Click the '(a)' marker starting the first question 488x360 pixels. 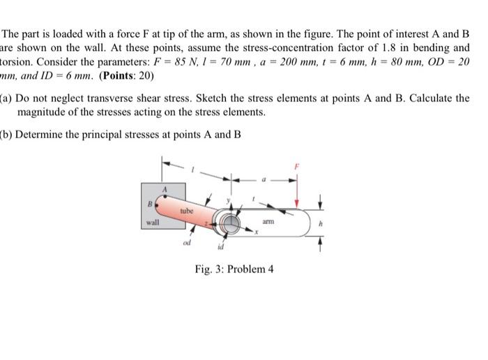(x=6, y=98)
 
